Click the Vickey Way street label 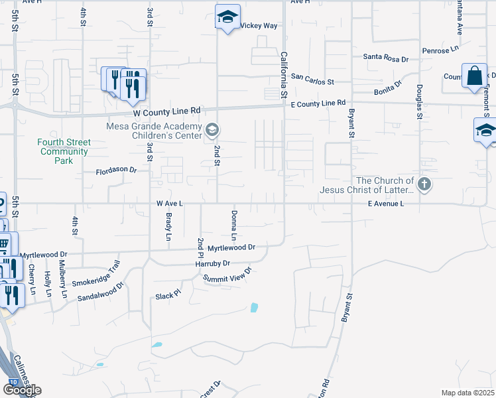tap(258, 26)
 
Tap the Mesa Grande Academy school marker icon tap(212, 129)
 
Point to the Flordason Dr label tap(116, 170)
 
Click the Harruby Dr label tap(212, 263)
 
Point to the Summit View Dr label tap(228, 275)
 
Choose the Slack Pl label tap(168, 294)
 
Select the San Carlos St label tap(313, 80)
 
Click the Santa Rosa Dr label tap(385, 58)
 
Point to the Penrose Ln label tap(440, 50)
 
